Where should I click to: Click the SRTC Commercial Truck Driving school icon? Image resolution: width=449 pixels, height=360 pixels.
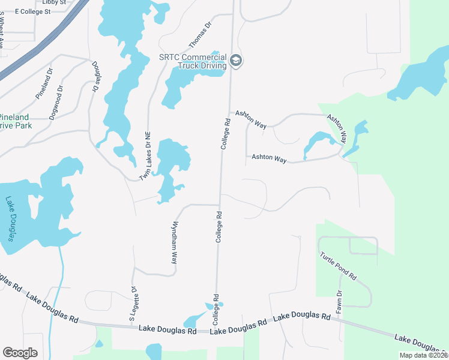pos(236,61)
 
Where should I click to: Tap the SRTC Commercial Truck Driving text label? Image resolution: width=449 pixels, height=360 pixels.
pos(192,62)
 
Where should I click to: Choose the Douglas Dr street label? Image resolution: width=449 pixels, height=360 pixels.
pos(95,76)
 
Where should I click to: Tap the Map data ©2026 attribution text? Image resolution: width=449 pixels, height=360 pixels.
pos(423,355)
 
